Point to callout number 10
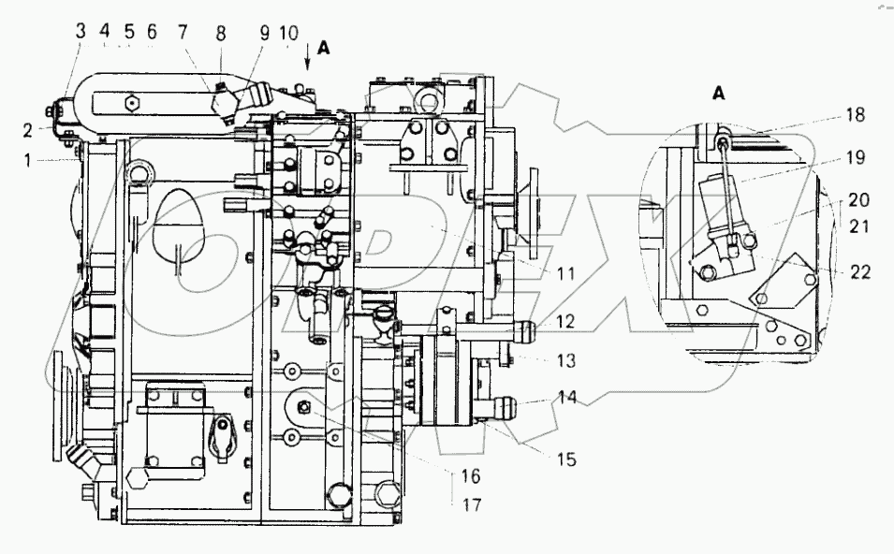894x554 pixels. [x=289, y=33]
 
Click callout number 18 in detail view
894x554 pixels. [x=855, y=116]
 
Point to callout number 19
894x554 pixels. [x=855, y=158]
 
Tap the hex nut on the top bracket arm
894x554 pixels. [x=132, y=101]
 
